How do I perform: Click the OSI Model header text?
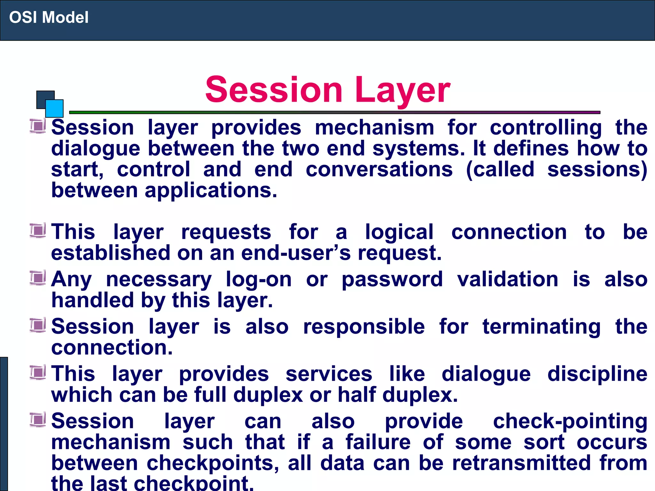49,17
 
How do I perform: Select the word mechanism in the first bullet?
374,128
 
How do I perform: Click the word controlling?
546,128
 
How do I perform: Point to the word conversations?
379,169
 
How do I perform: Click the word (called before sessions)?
500,169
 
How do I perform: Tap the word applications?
211,191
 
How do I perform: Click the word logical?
399,232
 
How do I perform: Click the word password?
392,279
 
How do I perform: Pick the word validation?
508,279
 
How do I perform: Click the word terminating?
541,327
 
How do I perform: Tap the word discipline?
597,374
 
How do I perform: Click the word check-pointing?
570,421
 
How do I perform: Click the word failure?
378,442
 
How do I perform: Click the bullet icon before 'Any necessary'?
38,278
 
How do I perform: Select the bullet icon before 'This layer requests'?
38,231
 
